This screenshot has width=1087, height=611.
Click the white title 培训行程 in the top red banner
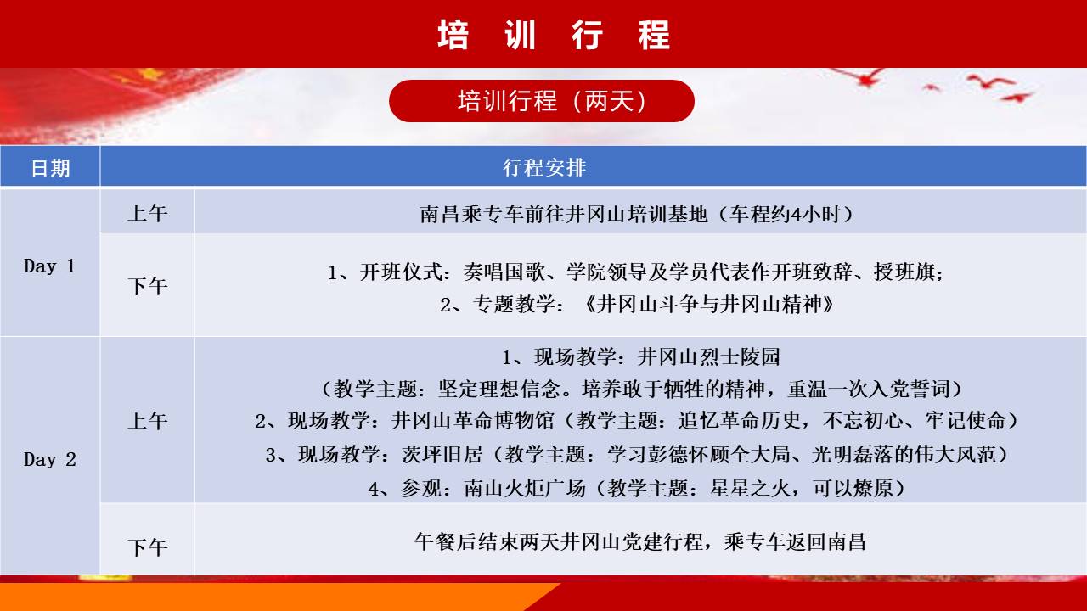(554, 35)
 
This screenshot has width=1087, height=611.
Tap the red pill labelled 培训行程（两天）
(542, 101)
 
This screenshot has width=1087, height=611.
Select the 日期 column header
(50, 168)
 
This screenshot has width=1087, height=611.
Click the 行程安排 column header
(544, 168)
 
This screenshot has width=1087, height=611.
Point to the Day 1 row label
(49, 266)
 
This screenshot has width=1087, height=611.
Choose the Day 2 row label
(49, 459)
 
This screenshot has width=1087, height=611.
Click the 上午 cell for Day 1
(148, 213)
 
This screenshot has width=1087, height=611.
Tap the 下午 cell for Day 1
(148, 286)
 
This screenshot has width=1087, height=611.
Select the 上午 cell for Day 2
(148, 420)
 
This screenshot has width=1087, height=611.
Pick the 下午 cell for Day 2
(148, 547)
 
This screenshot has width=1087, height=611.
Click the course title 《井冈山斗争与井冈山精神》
(709, 305)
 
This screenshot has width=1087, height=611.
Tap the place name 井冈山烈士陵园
(708, 357)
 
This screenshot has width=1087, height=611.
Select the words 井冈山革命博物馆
(472, 420)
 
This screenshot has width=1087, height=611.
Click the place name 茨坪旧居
(442, 454)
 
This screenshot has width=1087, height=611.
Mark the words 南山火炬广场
(525, 488)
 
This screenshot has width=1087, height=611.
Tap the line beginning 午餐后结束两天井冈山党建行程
(640, 541)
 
